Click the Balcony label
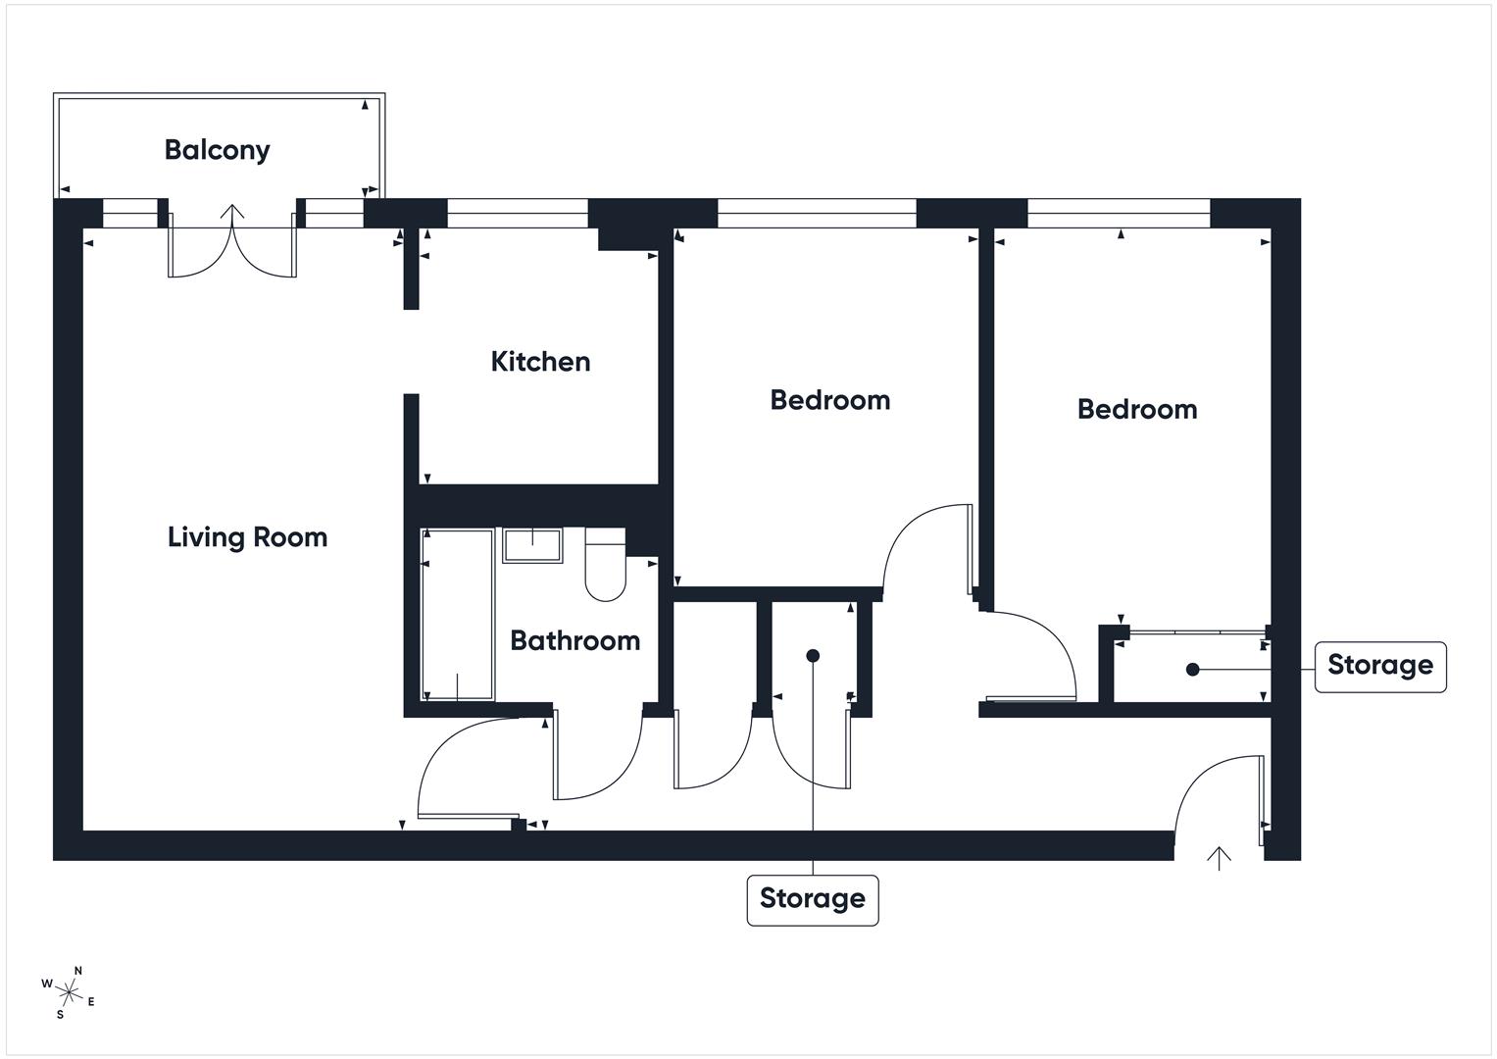(x=217, y=150)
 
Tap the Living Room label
(x=247, y=537)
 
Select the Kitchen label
(x=540, y=362)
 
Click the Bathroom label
(x=574, y=641)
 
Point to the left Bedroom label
(x=829, y=400)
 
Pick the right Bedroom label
(x=1136, y=409)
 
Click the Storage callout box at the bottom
(x=812, y=899)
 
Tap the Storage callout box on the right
(x=1379, y=666)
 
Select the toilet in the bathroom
(x=605, y=568)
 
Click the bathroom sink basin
(x=532, y=545)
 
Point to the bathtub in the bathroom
(x=457, y=615)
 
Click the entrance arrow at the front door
(x=1219, y=858)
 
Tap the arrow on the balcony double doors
(x=232, y=215)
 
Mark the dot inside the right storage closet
(x=1192, y=670)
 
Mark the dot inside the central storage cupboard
(x=812, y=656)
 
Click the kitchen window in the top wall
(x=517, y=213)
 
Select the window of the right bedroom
(x=1118, y=213)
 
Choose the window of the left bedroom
(x=817, y=213)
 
